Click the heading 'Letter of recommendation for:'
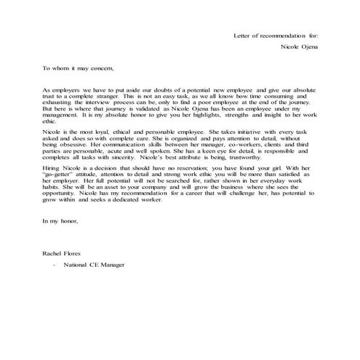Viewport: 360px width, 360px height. pos(275,35)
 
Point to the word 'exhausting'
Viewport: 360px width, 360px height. pos(60,102)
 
